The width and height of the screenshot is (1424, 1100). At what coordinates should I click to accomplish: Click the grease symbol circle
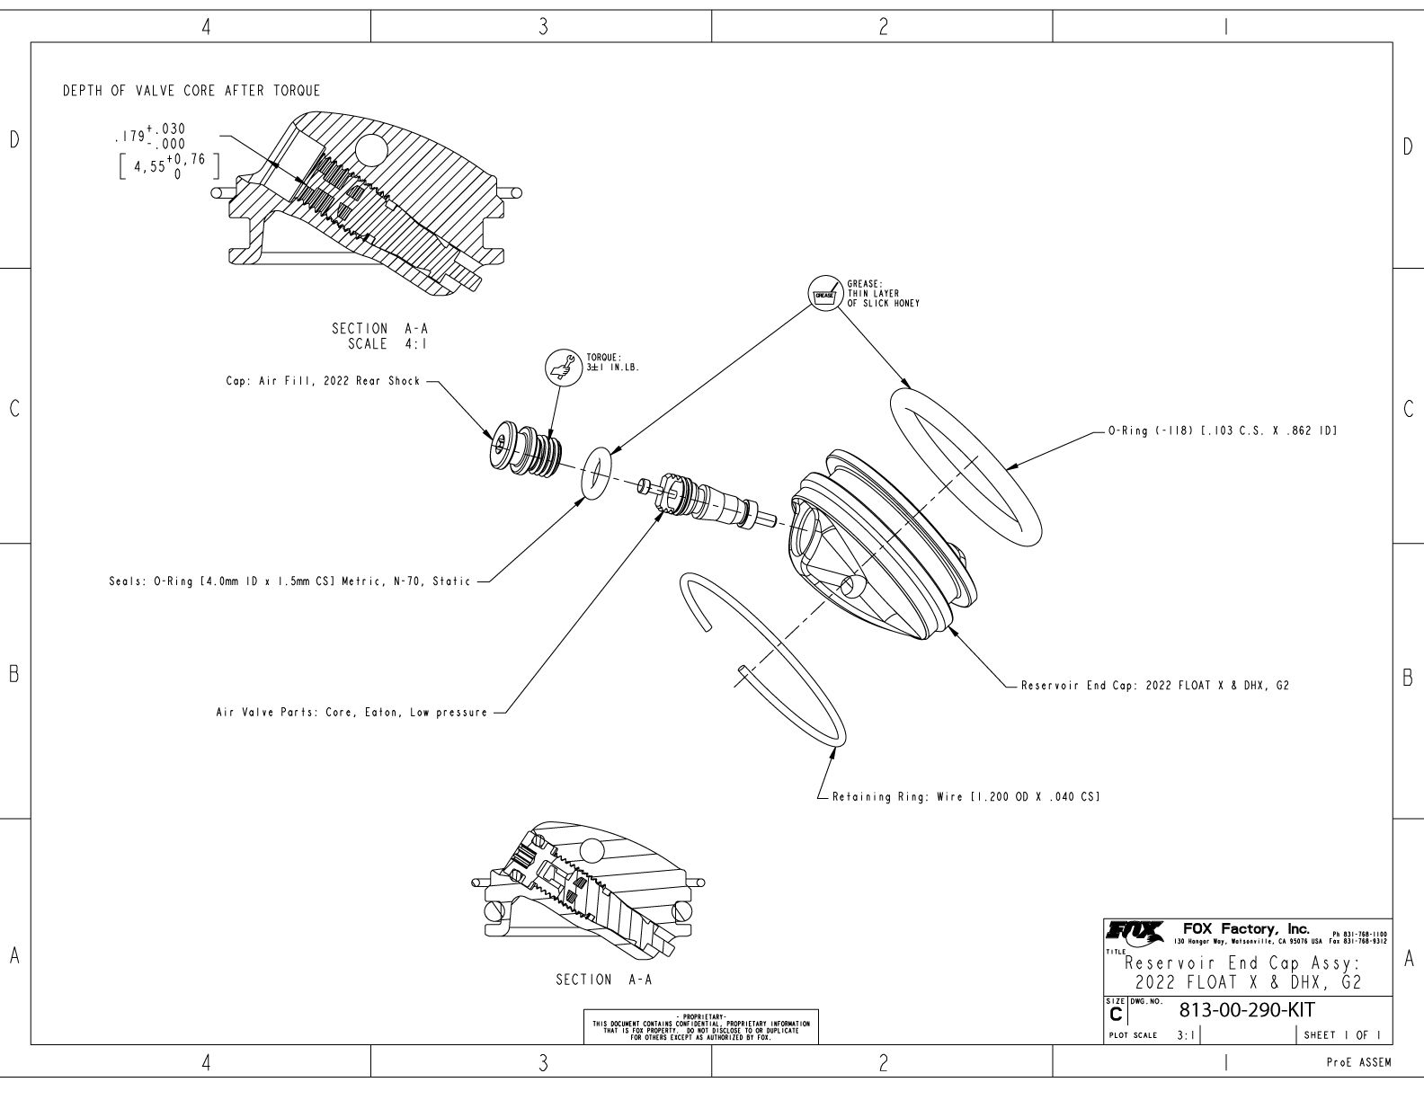[824, 293]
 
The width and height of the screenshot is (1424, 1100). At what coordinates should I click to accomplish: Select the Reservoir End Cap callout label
[1154, 686]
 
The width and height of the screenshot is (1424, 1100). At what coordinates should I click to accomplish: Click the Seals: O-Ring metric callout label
[287, 581]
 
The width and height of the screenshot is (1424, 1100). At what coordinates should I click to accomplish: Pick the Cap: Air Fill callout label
[322, 381]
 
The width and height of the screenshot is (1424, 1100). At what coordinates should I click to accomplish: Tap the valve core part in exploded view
[708, 501]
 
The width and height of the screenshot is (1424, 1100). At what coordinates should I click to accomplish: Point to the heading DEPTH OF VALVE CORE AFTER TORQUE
[191, 91]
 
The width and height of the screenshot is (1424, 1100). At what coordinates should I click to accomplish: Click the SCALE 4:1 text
[387, 343]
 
